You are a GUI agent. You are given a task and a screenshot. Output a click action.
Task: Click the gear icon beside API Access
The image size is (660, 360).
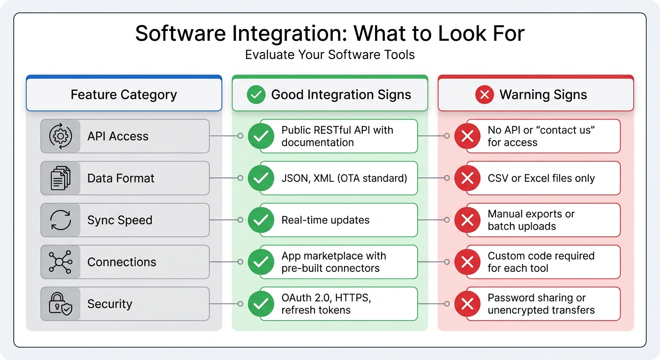click(x=60, y=136)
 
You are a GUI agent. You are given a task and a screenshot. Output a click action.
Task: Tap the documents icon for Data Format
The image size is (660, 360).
click(x=60, y=178)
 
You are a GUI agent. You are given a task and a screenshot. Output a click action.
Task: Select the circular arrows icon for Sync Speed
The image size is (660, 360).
click(x=60, y=220)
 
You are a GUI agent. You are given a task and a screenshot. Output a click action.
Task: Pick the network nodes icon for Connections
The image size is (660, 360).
click(x=60, y=262)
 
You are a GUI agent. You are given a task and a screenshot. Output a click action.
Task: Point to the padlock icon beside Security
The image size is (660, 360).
click(x=60, y=304)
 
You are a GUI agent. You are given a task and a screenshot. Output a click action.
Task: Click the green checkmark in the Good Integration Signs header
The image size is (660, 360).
click(x=256, y=95)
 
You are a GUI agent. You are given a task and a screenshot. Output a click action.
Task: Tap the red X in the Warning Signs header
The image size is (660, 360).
click(x=484, y=95)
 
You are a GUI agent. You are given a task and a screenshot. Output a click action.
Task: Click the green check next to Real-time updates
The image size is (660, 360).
click(x=261, y=220)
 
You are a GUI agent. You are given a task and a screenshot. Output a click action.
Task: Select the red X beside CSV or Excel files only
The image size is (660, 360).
click(x=467, y=178)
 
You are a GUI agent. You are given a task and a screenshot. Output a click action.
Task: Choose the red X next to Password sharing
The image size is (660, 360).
click(x=467, y=304)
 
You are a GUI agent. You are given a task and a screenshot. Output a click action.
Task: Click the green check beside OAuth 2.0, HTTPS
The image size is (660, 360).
click(x=261, y=304)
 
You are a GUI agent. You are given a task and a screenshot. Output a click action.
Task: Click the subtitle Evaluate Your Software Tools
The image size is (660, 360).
click(x=330, y=55)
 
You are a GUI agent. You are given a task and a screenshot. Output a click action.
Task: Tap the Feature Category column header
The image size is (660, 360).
click(x=124, y=95)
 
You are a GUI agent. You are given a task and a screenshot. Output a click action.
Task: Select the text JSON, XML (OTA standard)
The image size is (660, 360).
click(x=344, y=178)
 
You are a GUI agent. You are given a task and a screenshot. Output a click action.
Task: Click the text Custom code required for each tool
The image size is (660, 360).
click(x=541, y=262)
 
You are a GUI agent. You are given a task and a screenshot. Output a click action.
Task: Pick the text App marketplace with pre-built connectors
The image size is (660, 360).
click(x=334, y=262)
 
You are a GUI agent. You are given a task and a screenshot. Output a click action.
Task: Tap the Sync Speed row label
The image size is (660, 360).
click(x=120, y=220)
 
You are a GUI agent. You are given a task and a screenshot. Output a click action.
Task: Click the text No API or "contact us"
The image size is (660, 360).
click(x=541, y=130)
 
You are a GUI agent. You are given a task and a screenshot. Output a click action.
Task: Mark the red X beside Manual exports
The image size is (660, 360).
click(x=467, y=220)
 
